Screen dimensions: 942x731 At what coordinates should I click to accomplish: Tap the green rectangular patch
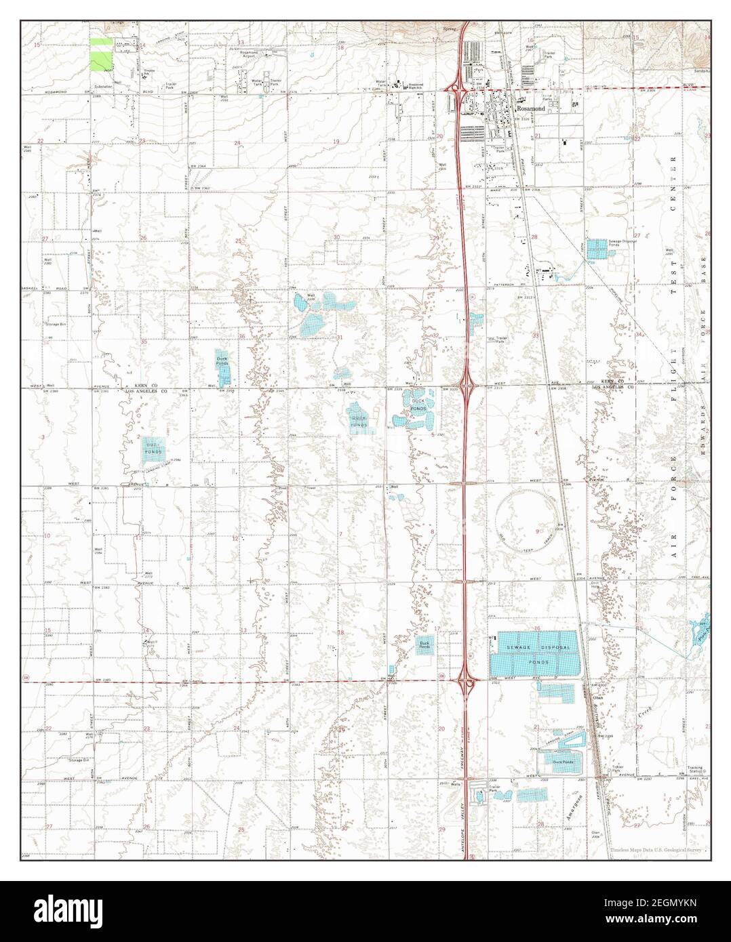(x=102, y=55)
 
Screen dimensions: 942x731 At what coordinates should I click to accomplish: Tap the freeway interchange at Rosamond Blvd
(x=454, y=87)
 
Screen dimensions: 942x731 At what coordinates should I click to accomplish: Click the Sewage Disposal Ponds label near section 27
(x=622, y=243)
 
